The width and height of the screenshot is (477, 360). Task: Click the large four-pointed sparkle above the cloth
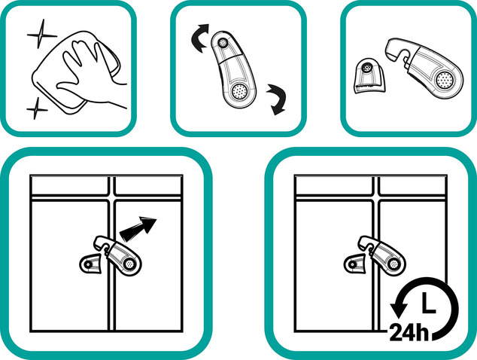point(41,35)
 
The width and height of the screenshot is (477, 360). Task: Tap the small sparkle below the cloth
point(36,108)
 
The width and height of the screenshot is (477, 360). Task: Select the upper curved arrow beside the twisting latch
point(199,38)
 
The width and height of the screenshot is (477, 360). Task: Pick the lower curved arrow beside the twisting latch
point(277,99)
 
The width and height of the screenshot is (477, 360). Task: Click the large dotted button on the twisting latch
point(238,91)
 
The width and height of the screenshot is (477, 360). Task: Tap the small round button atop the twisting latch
point(223,43)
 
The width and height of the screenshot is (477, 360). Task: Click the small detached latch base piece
point(370,75)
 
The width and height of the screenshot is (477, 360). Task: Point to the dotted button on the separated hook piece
point(444,80)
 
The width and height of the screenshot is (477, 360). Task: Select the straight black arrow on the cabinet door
point(138,227)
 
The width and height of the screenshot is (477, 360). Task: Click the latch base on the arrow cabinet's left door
point(90,264)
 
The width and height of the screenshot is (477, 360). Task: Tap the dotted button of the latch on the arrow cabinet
point(129,264)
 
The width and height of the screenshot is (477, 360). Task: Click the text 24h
point(409,333)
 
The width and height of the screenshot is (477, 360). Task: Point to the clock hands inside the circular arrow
point(428,303)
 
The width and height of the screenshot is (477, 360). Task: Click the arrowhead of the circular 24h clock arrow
point(399,308)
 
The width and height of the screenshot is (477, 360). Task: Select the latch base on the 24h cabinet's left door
point(354,264)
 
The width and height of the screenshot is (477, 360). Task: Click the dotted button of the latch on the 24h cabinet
point(394,264)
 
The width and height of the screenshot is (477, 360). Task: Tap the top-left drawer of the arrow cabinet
point(70,185)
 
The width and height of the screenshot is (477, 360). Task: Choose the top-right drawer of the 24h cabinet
point(413,185)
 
